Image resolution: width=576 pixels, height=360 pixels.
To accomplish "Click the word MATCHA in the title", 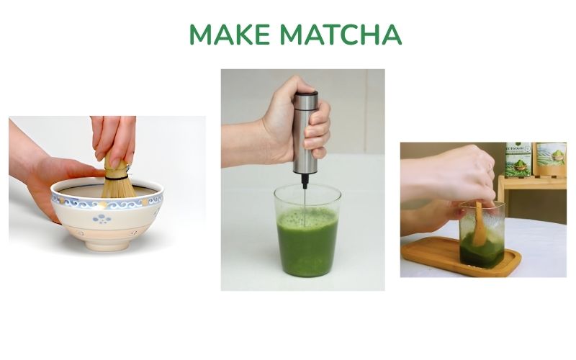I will (x=341, y=35).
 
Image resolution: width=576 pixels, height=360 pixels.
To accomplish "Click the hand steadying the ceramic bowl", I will (x=54, y=180).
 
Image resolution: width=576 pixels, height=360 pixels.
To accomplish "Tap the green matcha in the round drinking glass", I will (x=307, y=245).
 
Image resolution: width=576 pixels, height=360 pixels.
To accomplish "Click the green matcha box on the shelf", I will (x=518, y=159).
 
